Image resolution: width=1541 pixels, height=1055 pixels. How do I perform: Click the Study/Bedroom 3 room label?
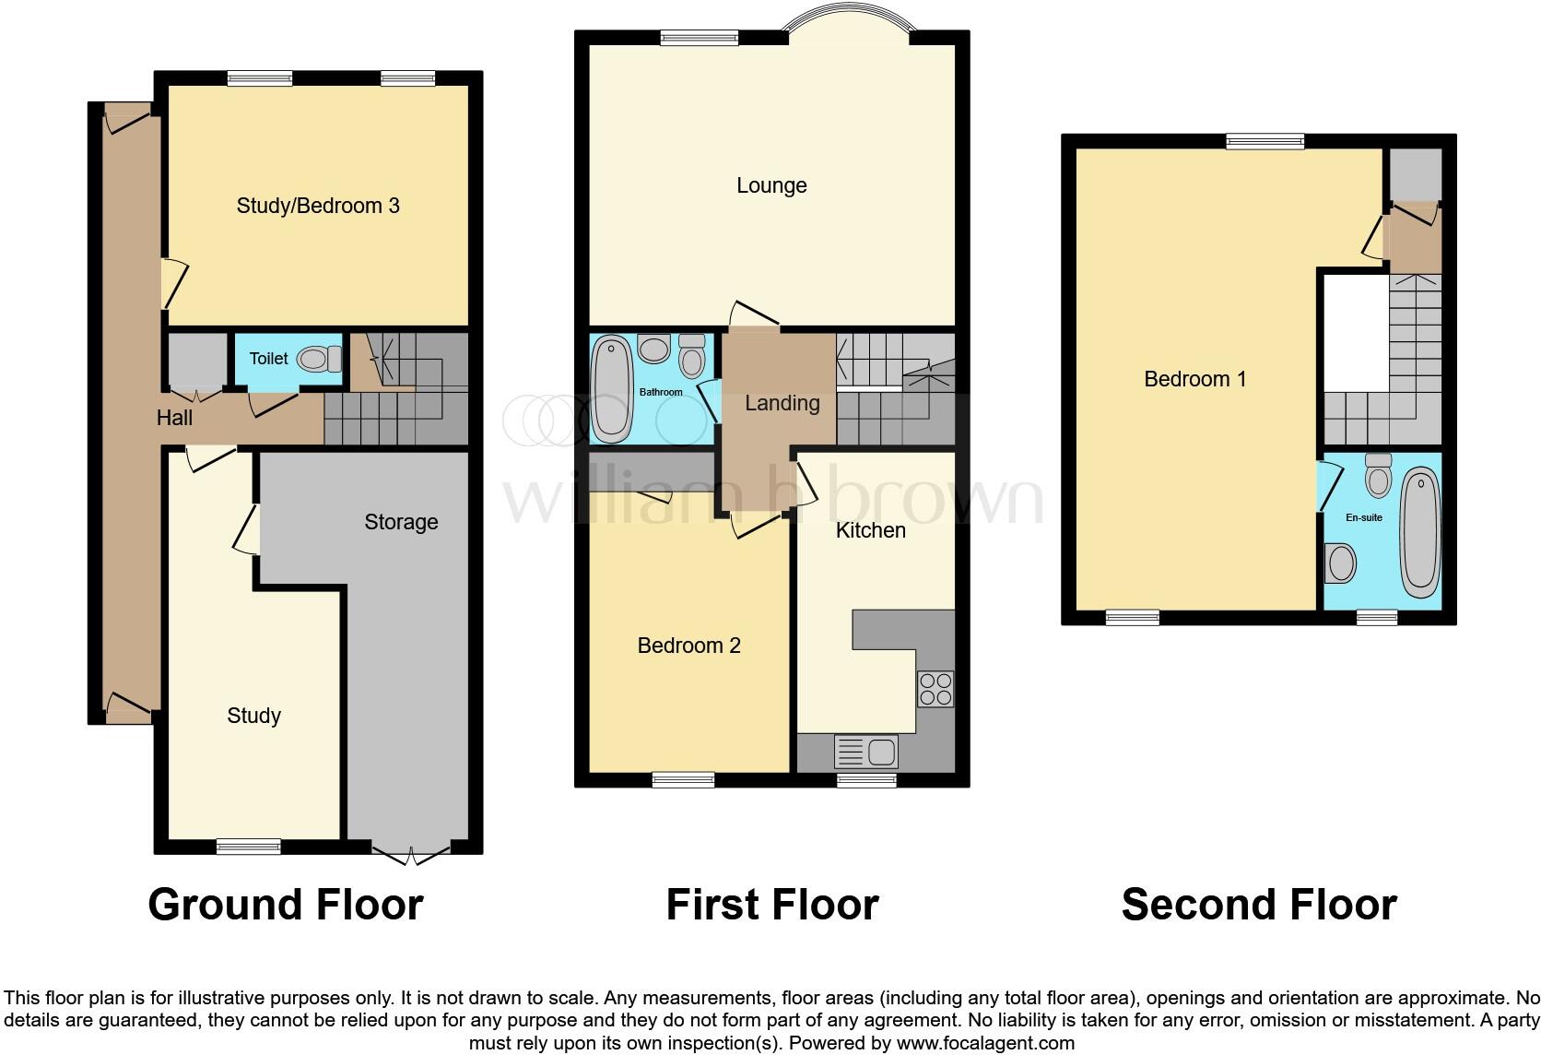[x=318, y=206]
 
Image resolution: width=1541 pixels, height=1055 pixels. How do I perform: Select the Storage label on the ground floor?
[x=401, y=522]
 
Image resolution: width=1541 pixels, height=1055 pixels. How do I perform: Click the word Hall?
[x=174, y=418]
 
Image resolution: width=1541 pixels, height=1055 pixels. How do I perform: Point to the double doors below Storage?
[x=412, y=854]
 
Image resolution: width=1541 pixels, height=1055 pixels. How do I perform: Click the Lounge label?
[x=771, y=185]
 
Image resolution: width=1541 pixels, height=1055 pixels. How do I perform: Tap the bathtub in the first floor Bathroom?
[x=609, y=388]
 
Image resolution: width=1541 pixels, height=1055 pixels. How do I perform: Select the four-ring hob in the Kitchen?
[x=935, y=689]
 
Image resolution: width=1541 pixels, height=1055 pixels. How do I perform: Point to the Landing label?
[x=782, y=403]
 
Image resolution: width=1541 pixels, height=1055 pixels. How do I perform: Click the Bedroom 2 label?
[x=688, y=646]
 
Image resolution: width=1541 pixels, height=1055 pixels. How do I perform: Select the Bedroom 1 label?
[x=1194, y=379]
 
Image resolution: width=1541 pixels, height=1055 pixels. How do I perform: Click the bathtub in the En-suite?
[x=1420, y=533]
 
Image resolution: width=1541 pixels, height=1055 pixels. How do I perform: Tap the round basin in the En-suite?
[x=1339, y=563]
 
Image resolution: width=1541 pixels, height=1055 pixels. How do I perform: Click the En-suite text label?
[x=1363, y=517]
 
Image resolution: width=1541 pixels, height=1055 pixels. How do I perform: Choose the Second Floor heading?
[x=1258, y=905]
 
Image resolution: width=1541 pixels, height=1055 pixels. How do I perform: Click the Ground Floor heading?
[x=285, y=905]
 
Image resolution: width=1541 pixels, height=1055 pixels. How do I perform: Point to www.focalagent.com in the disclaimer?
[x=984, y=1043]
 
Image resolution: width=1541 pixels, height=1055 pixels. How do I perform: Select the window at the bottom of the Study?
[x=249, y=846]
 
